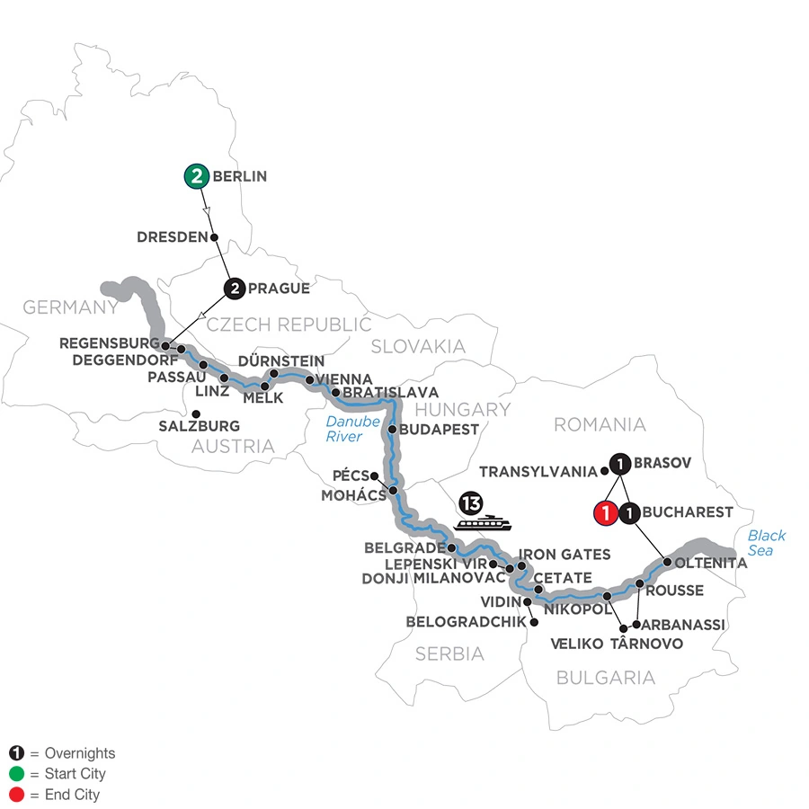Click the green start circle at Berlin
(197, 176)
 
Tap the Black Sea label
(767, 542)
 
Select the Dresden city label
(173, 237)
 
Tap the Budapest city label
(440, 429)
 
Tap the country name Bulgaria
(606, 678)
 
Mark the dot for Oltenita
(668, 563)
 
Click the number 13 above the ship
(473, 500)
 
